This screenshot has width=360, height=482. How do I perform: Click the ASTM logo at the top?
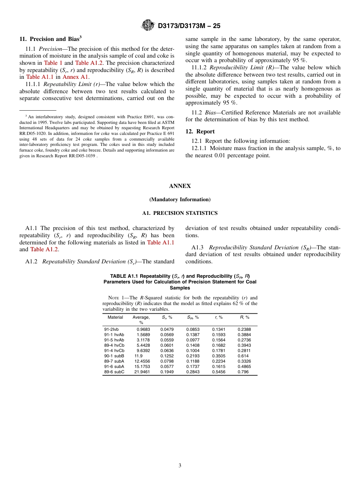tap(147, 25)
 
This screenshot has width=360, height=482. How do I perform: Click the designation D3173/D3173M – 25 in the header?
tap(189, 26)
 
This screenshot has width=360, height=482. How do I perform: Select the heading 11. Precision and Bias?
tap(50, 39)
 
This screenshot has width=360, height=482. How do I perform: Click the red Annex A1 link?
tap(75, 77)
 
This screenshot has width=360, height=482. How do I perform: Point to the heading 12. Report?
tap(200, 131)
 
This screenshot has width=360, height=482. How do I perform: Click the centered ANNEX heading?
tap(180, 186)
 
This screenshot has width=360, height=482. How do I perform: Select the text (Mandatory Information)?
tap(180, 199)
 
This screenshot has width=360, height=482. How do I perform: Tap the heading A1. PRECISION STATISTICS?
tap(180, 213)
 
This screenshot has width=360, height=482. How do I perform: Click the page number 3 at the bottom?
tap(180, 465)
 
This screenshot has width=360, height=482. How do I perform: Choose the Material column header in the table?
tap(115, 318)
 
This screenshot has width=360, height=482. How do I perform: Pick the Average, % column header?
tap(141, 320)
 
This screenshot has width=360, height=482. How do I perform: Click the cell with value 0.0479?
tap(167, 329)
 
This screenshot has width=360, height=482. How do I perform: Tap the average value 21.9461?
tap(142, 372)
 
